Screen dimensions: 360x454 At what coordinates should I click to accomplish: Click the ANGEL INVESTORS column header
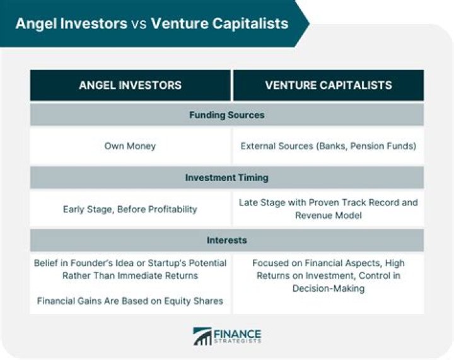click(x=130, y=85)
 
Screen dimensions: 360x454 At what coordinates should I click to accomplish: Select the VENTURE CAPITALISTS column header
click(x=329, y=85)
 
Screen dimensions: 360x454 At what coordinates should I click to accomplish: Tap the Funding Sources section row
click(x=226, y=115)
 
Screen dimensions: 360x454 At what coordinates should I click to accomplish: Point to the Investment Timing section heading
click(x=226, y=178)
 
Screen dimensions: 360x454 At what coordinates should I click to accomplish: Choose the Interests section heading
click(x=226, y=240)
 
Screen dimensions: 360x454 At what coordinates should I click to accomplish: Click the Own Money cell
click(x=130, y=146)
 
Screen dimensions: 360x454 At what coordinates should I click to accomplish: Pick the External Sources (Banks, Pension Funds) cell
click(x=329, y=146)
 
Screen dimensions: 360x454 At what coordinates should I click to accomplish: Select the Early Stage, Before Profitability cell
click(x=130, y=209)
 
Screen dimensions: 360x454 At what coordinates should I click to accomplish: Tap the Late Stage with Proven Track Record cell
click(x=329, y=209)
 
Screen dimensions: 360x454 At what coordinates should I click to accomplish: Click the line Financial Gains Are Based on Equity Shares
click(x=130, y=301)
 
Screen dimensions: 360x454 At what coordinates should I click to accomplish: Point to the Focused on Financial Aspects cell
click(x=329, y=276)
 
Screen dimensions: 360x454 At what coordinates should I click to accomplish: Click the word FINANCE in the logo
click(x=238, y=333)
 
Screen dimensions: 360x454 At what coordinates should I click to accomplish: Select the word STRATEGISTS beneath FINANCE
click(x=238, y=342)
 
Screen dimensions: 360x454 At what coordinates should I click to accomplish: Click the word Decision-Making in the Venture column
click(x=329, y=288)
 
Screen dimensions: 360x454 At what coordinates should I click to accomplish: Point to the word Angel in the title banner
click(x=36, y=24)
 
